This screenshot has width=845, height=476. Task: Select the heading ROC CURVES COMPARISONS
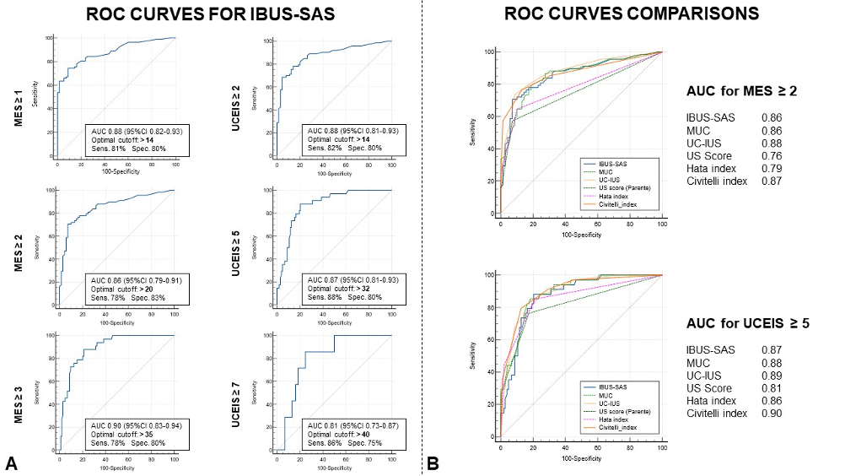click(632, 14)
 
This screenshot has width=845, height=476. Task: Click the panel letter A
click(11, 462)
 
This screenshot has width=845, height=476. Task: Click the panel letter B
click(433, 462)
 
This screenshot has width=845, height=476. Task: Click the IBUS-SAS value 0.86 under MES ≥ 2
click(771, 118)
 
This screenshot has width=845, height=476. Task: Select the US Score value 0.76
click(771, 156)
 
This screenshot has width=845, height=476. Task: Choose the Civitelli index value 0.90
click(771, 413)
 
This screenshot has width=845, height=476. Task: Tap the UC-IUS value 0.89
click(771, 375)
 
